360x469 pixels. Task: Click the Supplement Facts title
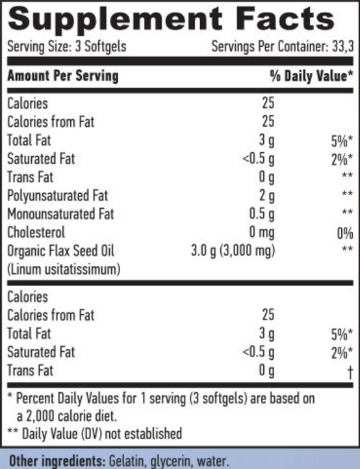171,20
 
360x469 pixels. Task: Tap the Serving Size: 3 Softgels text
67,47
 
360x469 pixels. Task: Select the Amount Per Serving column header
63,75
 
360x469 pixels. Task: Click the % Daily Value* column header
312,75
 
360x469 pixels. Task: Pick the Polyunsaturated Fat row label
57,196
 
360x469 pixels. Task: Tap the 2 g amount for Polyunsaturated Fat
267,196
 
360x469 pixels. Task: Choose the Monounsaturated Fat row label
60,214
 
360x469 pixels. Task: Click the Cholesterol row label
36,232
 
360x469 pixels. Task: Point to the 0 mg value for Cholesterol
262,233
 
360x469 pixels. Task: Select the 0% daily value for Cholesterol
345,234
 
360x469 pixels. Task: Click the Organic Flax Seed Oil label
60,251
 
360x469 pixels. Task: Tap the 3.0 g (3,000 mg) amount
233,251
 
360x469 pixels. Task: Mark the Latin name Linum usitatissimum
64,269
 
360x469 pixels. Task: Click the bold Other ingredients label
57,461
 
